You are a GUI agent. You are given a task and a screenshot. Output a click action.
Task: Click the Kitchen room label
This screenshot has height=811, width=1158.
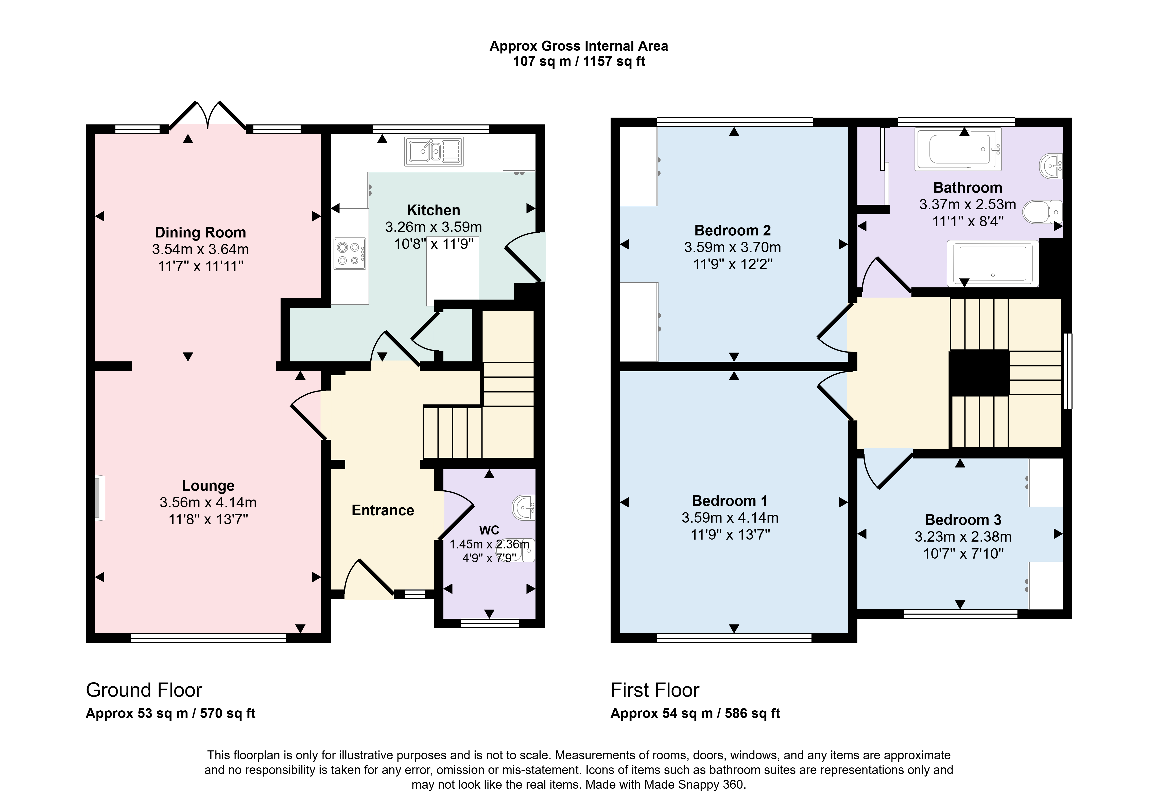(x=433, y=210)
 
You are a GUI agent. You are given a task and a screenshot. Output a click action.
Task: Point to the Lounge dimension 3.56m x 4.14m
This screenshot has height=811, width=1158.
(x=208, y=503)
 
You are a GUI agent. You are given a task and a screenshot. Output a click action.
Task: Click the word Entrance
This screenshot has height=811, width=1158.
(x=383, y=511)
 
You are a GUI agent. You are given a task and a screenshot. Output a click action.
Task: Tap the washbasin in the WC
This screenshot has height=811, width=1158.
(x=525, y=507)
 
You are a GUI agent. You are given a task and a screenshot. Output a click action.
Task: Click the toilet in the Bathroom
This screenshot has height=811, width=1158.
(x=1042, y=212)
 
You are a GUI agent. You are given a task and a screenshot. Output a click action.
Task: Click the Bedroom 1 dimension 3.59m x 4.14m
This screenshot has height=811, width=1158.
(x=730, y=518)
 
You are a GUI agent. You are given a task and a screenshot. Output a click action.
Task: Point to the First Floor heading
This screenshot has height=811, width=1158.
(x=655, y=690)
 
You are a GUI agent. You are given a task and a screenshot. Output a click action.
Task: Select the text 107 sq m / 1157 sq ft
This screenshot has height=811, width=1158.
(x=579, y=62)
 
